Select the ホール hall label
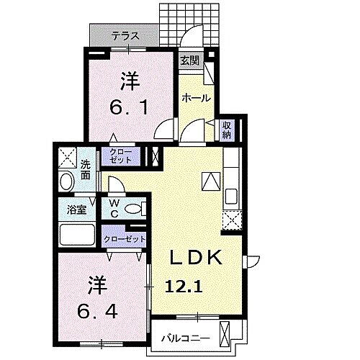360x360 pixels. click(195, 97)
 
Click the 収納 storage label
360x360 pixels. click(227, 130)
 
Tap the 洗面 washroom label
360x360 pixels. click(86, 168)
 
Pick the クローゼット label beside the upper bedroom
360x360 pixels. click(122, 156)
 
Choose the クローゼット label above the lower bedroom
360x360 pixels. click(125, 239)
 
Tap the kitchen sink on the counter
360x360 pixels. click(231, 196)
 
